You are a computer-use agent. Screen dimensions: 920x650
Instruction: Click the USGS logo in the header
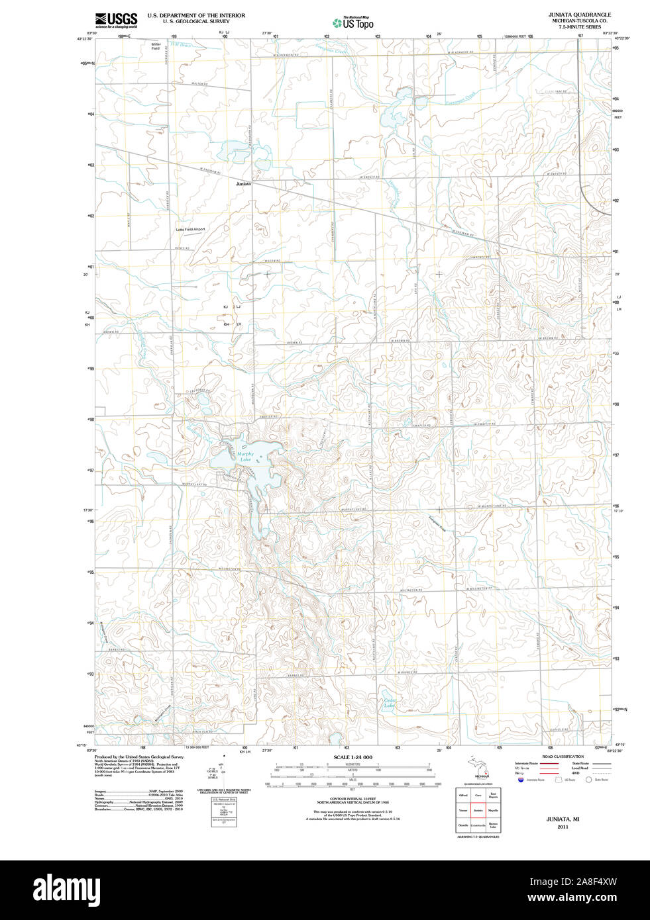pos(116,20)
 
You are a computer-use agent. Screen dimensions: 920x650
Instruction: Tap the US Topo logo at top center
pos(354,23)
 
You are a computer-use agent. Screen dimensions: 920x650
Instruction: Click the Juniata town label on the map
pos(243,185)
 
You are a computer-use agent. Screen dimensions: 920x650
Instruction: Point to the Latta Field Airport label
pos(190,230)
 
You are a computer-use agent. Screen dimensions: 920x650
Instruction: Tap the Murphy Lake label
pos(245,457)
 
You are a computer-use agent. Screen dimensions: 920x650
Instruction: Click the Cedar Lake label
pos(389,703)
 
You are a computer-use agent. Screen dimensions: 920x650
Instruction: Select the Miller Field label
pos(156,46)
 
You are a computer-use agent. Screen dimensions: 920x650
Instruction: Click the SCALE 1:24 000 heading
pos(352,757)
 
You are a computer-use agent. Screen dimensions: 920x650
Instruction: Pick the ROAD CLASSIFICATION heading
pos(563,757)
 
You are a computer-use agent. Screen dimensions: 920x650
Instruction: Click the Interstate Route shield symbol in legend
pos(520,780)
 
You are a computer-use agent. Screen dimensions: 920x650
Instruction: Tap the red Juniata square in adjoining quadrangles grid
pos(478,809)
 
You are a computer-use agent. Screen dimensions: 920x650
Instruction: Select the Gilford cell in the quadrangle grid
pos(463,795)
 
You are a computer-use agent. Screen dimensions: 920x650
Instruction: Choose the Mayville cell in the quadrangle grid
pos(493,809)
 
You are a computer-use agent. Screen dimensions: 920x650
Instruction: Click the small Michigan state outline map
pos(478,768)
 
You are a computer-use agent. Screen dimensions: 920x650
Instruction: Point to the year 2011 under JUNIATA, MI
pos(563,827)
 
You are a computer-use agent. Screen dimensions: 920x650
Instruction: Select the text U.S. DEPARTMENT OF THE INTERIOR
pos(196,15)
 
